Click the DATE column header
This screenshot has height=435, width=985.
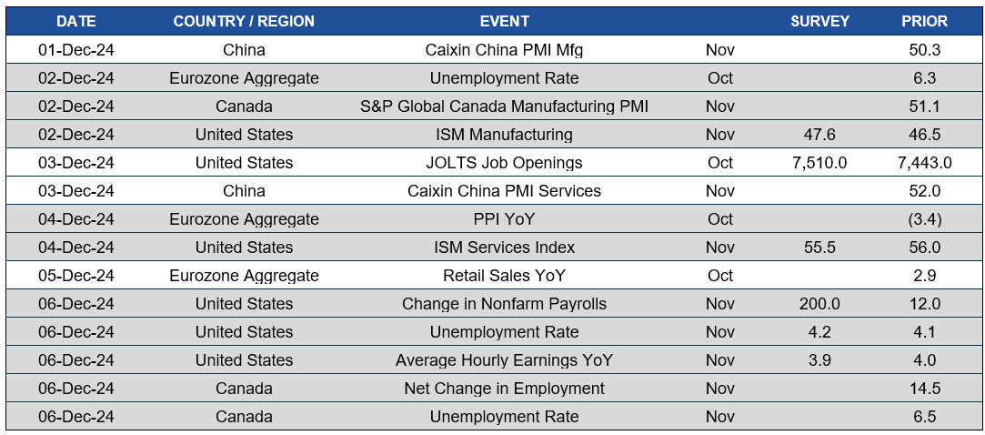click(75, 21)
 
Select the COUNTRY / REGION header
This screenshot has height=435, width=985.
click(244, 21)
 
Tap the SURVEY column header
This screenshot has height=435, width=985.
click(819, 21)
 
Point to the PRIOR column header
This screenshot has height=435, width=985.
click(924, 21)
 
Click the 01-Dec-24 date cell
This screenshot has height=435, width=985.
click(75, 50)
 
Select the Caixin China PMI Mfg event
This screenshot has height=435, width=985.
click(504, 50)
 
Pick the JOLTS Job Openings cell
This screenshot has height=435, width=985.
click(504, 163)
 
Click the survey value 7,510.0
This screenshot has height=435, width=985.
click(819, 163)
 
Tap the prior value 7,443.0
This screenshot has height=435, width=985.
click(924, 163)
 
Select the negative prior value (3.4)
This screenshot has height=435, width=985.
click(924, 219)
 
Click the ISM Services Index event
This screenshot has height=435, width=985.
click(504, 248)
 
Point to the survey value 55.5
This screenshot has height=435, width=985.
click(819, 248)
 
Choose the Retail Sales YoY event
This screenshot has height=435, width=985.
click(504, 276)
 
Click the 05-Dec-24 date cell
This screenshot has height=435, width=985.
click(75, 276)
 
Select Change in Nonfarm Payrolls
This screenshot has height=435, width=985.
click(504, 304)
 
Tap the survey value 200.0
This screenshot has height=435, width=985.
click(819, 304)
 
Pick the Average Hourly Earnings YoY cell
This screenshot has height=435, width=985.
click(504, 360)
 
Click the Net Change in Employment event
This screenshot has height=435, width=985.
click(504, 389)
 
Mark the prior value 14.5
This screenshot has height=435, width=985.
click(924, 389)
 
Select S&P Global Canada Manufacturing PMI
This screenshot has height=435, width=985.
click(504, 106)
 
